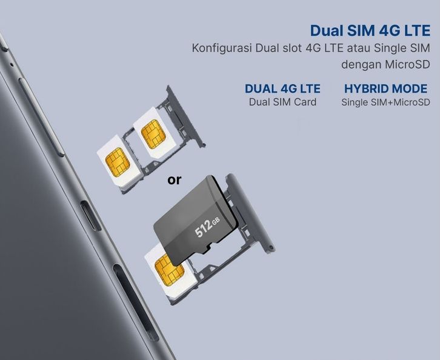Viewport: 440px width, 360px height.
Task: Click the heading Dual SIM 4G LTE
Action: coord(370,30)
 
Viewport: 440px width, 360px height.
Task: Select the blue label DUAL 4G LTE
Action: coord(282,88)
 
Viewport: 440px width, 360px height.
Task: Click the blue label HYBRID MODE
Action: coord(385,88)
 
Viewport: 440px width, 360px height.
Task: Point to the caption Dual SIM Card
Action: coord(282,102)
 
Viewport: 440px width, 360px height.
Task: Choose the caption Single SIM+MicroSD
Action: coord(385,102)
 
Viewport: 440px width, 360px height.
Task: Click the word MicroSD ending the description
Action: coord(407,64)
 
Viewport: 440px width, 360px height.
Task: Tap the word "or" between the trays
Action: coord(175,180)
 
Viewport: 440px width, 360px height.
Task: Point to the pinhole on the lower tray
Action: coord(271,247)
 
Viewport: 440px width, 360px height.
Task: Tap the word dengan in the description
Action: coord(361,64)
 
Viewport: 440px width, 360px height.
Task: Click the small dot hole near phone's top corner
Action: coord(10,64)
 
